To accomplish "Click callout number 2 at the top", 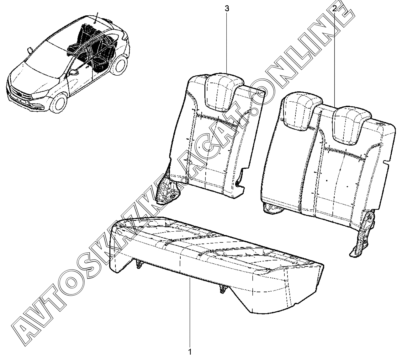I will [335, 9].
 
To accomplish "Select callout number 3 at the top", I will [227, 9].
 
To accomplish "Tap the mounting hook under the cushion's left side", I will [138, 265].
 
